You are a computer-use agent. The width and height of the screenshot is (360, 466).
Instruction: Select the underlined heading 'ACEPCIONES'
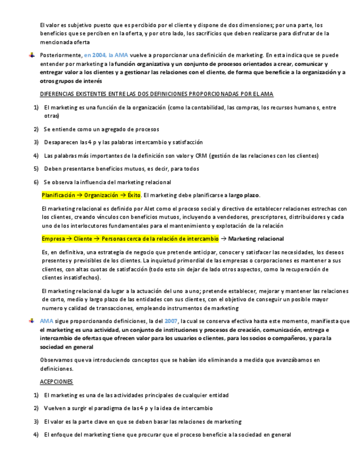57,381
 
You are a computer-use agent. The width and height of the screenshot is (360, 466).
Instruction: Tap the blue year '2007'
171,321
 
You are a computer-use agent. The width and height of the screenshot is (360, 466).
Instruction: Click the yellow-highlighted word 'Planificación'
60,195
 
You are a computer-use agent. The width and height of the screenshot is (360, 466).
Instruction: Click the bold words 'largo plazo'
244,195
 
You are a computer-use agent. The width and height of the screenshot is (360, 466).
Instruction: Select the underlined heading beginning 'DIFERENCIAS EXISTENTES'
157,95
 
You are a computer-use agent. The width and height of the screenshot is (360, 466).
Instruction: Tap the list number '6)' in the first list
36,182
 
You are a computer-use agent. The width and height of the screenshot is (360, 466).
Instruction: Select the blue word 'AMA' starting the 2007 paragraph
47,321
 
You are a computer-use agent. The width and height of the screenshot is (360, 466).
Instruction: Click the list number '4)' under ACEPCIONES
36,435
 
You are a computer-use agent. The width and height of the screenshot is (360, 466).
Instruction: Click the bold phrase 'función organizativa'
147,64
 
